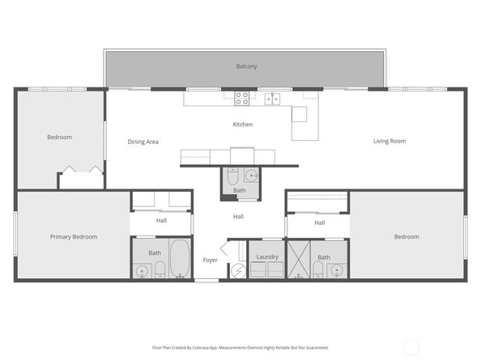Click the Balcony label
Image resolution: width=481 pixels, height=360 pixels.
coord(246,66)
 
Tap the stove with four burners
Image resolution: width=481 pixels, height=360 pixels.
coord(242,99)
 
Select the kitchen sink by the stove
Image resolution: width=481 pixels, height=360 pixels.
coord(273,99)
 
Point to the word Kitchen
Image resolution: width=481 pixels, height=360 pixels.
coord(243,125)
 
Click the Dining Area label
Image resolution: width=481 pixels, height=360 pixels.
coord(143,142)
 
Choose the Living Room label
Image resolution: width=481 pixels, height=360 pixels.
coord(389,142)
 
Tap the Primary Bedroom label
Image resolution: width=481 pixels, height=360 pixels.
coord(73,237)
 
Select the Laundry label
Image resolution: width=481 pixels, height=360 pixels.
coord(267,257)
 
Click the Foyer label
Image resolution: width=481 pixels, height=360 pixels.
coord(211,260)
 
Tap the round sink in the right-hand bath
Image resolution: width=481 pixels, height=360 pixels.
coord(336,269)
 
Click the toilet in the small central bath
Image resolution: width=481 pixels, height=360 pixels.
coord(232,176)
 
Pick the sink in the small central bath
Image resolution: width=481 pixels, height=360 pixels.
coord(250,174)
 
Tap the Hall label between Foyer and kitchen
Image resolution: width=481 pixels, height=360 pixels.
coord(238,217)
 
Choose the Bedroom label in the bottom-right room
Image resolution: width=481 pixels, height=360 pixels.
coord(407,237)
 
